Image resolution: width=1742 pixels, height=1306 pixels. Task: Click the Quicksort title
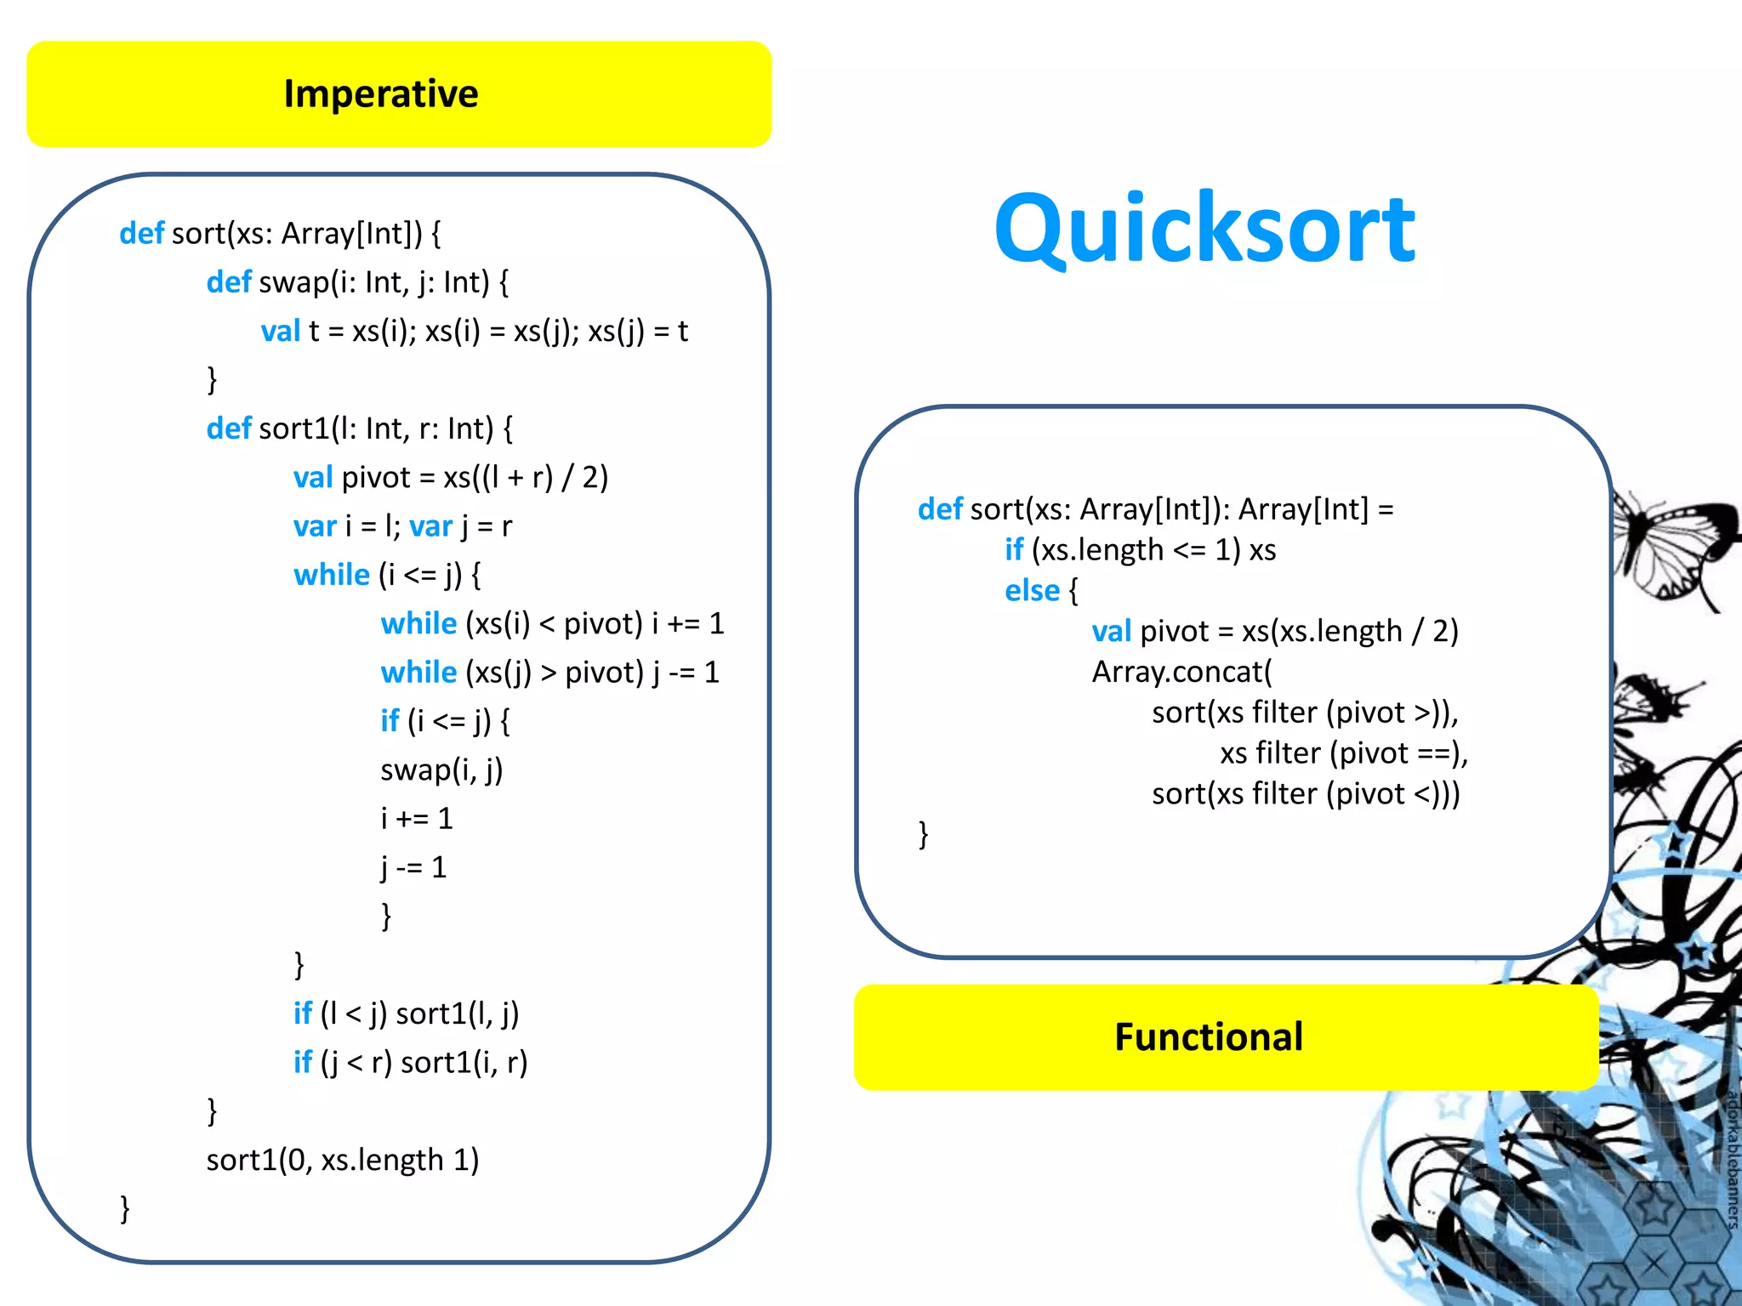coord(1204,230)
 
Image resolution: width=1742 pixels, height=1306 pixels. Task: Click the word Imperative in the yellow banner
coord(381,94)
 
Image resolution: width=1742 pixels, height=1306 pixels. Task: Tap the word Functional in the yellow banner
coord(1208,1037)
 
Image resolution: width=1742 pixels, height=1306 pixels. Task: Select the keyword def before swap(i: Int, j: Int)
coord(228,282)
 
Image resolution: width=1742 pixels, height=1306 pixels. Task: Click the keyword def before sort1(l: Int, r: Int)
coord(228,429)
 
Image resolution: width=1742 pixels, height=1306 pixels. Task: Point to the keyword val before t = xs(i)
coord(280,331)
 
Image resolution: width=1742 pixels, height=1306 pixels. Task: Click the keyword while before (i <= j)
coord(331,575)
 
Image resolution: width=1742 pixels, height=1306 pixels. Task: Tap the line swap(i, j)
coord(441,770)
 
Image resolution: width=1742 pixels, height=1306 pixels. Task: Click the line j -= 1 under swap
coord(413,867)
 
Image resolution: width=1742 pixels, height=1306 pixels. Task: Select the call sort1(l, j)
coord(457,1014)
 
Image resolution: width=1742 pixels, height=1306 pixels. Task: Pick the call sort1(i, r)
coord(464,1063)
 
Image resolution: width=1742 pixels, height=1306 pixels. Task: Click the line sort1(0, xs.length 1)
coord(343,1160)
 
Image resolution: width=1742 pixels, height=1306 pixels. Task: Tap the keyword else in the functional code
coord(1032,591)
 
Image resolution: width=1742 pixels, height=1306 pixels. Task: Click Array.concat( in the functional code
coord(1182,672)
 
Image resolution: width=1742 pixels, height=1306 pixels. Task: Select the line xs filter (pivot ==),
coord(1344,753)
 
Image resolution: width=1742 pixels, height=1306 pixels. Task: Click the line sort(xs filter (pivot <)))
coord(1306,794)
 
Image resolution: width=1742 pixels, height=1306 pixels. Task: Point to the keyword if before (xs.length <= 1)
coord(1013,550)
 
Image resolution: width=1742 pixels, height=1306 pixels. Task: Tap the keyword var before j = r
coord(430,526)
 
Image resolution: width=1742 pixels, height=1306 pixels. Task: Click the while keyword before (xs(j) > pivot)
coord(418,673)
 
